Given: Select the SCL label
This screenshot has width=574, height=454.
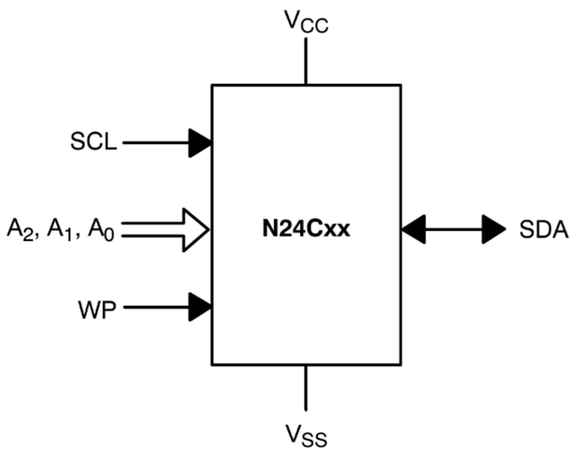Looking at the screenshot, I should (93, 142).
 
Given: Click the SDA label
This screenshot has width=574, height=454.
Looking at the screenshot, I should (543, 230).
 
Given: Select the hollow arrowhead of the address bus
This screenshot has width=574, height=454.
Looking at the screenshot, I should (195, 230).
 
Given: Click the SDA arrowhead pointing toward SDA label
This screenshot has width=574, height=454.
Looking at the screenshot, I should (494, 230).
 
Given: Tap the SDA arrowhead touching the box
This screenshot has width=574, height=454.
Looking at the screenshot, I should (413, 230).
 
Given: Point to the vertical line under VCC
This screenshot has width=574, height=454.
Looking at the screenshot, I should (306, 61).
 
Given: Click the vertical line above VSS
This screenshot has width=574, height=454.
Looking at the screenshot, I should (306, 388).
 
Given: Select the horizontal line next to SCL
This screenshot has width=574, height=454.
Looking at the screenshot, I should (154, 142).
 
